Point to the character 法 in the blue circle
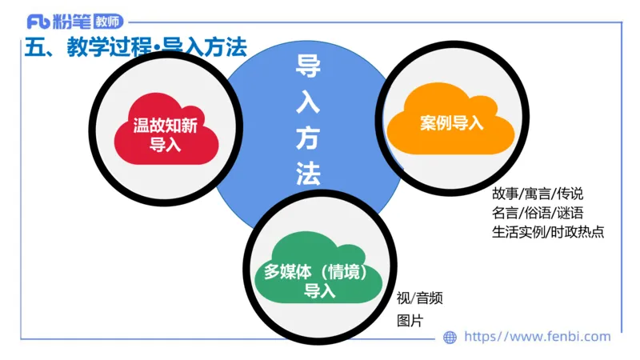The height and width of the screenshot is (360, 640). (308, 174)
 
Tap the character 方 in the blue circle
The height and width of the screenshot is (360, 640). (308, 138)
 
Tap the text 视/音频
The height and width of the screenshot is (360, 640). (420, 299)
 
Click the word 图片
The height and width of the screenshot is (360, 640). (410, 321)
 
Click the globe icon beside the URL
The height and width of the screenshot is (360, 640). (450, 338)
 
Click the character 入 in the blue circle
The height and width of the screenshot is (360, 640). (308, 102)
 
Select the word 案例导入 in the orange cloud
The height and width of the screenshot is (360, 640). (451, 124)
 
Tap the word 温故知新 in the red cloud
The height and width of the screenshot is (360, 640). (166, 126)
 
